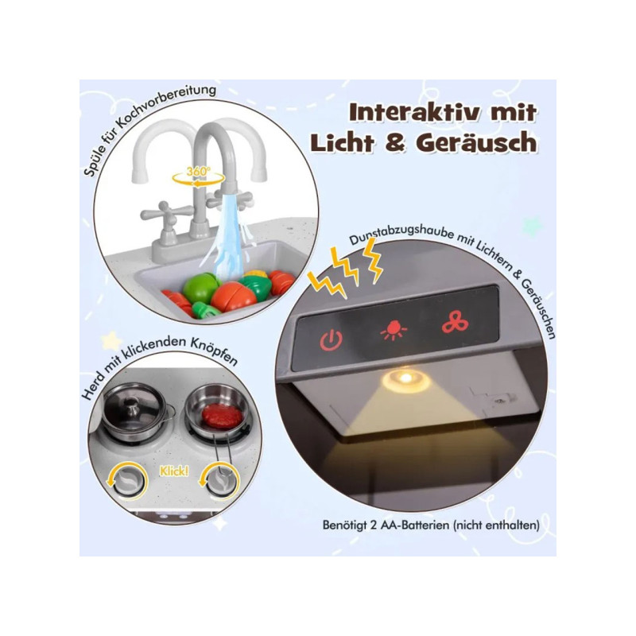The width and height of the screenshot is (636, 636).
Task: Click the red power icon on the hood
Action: pyautogui.click(x=332, y=340)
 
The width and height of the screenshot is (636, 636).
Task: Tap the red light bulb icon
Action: pyautogui.click(x=394, y=330)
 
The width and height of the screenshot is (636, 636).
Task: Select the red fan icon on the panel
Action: pyautogui.click(x=455, y=322)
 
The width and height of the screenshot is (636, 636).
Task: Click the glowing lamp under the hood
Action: pyautogui.click(x=405, y=379)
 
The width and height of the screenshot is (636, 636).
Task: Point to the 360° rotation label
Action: pyautogui.click(x=199, y=172)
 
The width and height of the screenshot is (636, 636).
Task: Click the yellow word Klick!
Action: pyautogui.click(x=174, y=471)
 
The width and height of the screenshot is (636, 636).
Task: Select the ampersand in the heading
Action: pyautogui.click(x=394, y=142)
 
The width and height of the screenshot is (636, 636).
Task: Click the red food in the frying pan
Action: pyautogui.click(x=222, y=416)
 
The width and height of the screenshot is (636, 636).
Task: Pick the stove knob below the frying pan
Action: pyautogui.click(x=220, y=482)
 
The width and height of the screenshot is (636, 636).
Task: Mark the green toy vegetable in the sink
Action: pyautogui.click(x=200, y=288)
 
